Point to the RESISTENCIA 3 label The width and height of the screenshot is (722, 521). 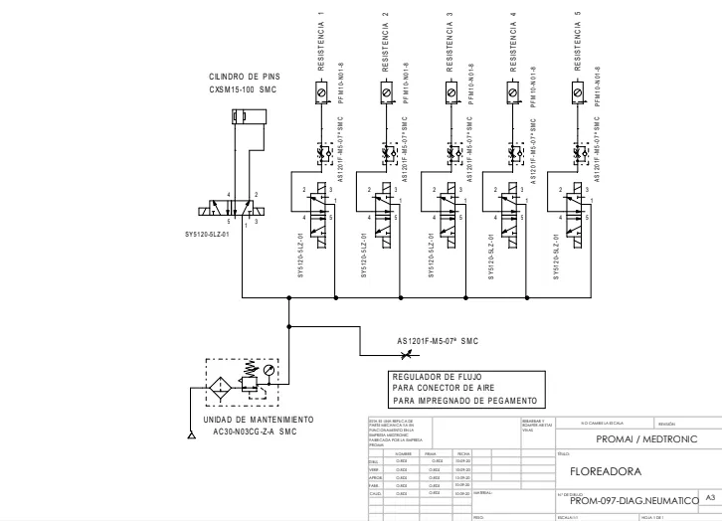[450, 44]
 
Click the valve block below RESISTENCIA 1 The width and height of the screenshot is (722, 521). [321, 213]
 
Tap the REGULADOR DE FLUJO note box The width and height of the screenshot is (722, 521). [462, 388]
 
